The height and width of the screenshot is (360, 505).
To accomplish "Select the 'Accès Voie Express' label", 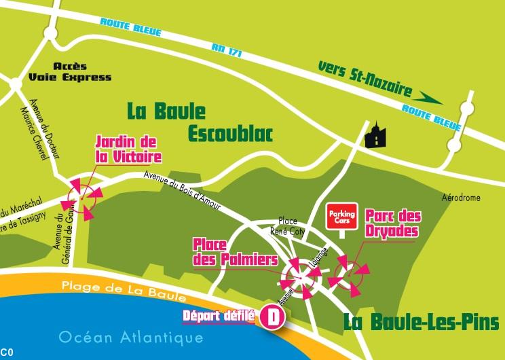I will coord(82,72).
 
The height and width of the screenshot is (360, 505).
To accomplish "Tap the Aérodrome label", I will coord(462,198).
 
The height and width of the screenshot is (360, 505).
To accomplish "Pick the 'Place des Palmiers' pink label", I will coord(235,251).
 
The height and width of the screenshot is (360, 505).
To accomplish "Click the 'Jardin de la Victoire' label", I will coord(129,149).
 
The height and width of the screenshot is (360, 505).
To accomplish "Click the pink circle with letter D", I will coord(272,316).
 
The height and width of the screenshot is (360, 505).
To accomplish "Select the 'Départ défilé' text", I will coord(219,316).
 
